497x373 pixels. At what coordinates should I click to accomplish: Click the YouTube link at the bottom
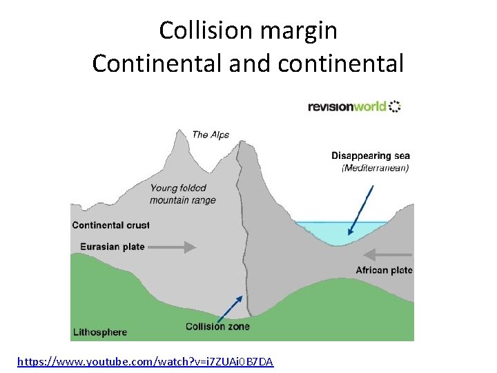(145, 361)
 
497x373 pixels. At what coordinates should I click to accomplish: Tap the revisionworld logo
(354, 106)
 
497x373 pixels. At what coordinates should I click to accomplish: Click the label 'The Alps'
(211, 135)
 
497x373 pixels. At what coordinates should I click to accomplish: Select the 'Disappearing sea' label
(371, 156)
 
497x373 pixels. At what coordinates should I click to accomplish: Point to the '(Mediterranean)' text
(376, 168)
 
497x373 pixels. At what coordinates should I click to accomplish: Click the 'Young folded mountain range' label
(182, 194)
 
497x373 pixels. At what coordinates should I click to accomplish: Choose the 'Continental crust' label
(110, 225)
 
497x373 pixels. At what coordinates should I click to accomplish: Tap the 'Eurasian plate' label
(113, 247)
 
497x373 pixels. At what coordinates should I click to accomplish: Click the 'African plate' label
(384, 270)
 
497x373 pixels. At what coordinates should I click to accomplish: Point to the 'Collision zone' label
(217, 326)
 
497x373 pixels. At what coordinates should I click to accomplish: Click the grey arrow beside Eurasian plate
(173, 247)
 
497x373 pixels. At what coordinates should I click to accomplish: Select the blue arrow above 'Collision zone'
(231, 307)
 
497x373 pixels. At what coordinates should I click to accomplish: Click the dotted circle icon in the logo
(395, 106)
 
